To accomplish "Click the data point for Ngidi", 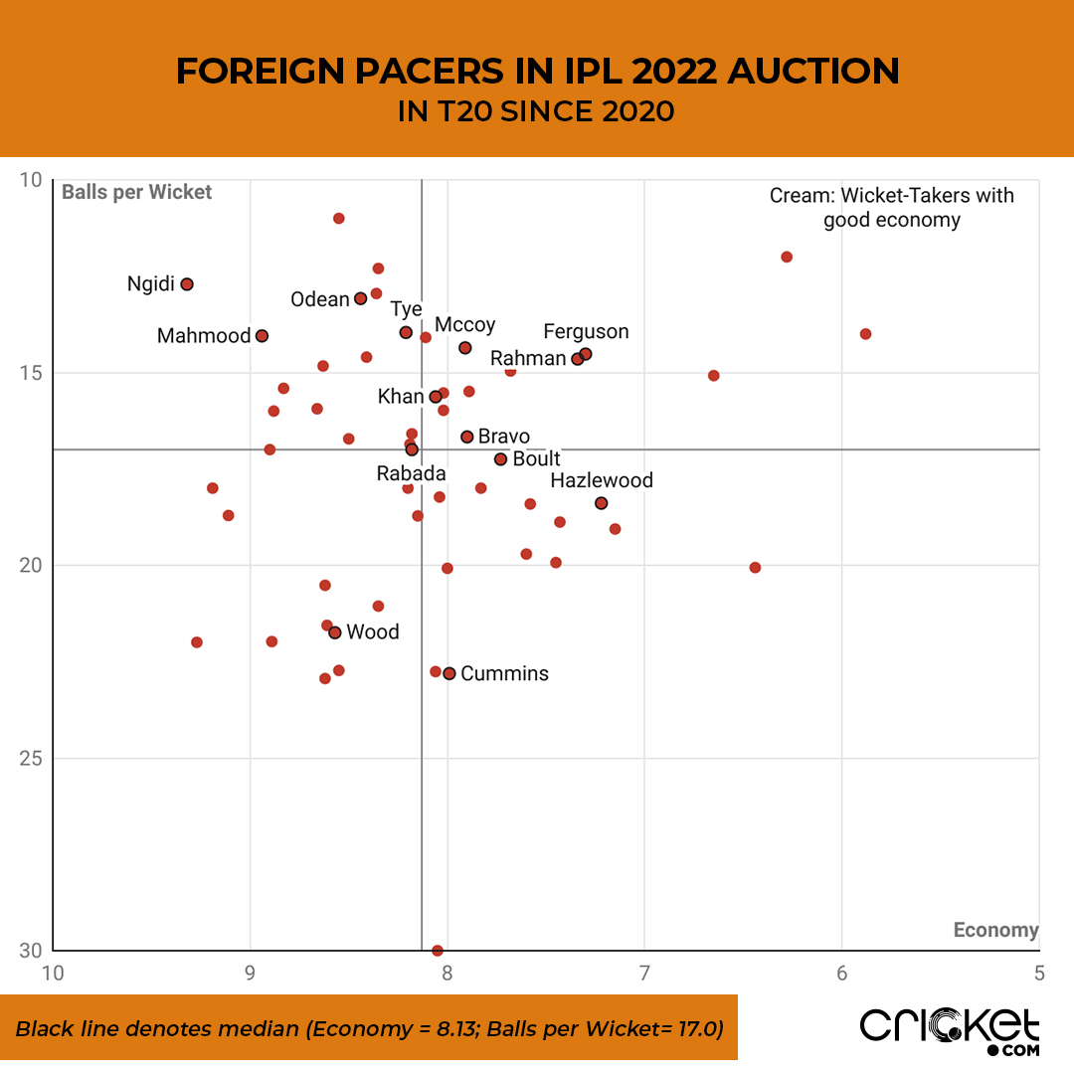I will point(186,284).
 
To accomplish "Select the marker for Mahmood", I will point(262,336).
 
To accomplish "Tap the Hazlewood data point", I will point(601,503).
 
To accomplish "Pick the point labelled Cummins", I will point(449,673).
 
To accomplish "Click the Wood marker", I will point(335,632).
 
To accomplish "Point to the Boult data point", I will point(500,459).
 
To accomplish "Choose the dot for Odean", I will point(360,298).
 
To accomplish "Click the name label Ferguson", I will point(586,332).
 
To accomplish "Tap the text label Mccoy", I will point(464,325).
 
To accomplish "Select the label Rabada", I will point(411,474).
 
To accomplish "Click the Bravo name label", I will point(503,437).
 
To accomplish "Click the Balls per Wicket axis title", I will point(136,192).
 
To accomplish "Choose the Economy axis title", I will point(995,930).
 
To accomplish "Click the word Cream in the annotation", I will point(798,196).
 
